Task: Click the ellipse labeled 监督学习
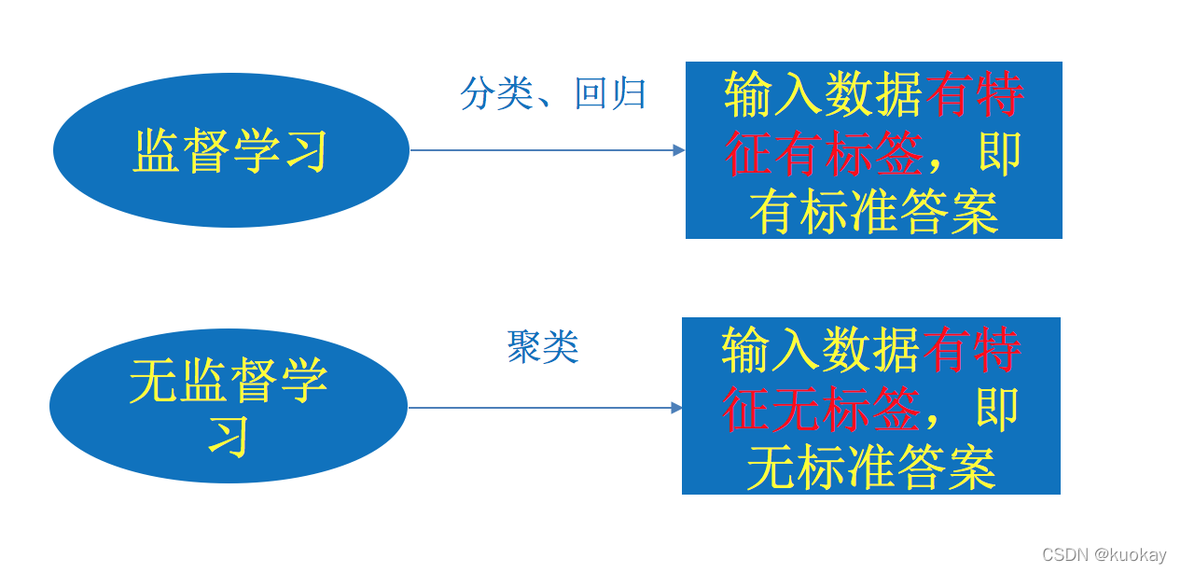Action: click(x=231, y=150)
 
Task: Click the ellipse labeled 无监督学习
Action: click(x=229, y=406)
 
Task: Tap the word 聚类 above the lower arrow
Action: click(x=543, y=347)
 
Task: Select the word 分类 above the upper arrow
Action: click(x=495, y=94)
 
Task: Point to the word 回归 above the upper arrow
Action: click(x=611, y=94)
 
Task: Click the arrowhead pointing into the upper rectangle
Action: click(x=679, y=150)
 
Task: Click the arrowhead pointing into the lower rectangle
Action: click(x=677, y=407)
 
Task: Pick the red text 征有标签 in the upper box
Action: click(x=823, y=154)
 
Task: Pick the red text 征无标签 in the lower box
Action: click(x=821, y=410)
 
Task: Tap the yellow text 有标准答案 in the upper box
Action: click(x=874, y=213)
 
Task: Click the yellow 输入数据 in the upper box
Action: click(x=824, y=94)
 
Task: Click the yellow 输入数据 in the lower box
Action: click(x=821, y=351)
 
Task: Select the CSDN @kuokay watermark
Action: click(x=1104, y=555)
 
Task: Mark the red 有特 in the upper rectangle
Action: click(x=974, y=94)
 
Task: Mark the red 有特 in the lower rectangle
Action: click(x=971, y=351)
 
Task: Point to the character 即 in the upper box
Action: click(x=1000, y=154)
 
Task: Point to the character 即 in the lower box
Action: click(x=997, y=410)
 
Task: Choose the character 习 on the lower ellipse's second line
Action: click(x=229, y=435)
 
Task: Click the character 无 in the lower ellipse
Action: click(x=153, y=381)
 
